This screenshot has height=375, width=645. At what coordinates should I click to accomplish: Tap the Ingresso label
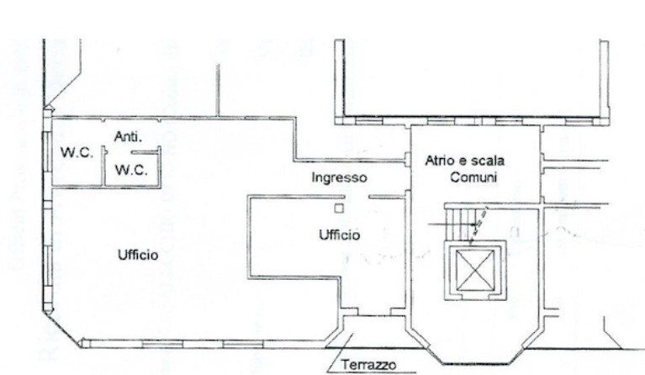339,177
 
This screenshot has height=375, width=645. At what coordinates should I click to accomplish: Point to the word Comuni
473,177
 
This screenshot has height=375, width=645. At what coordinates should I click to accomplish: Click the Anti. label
129,136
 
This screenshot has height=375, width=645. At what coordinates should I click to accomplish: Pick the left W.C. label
73,153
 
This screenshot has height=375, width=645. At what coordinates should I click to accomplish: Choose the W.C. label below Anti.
130,170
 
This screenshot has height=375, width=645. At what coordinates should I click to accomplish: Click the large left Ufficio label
137,255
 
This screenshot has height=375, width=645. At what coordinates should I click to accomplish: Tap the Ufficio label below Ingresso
340,235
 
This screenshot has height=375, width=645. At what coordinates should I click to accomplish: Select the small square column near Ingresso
338,207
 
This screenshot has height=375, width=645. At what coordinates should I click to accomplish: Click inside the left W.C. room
73,164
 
